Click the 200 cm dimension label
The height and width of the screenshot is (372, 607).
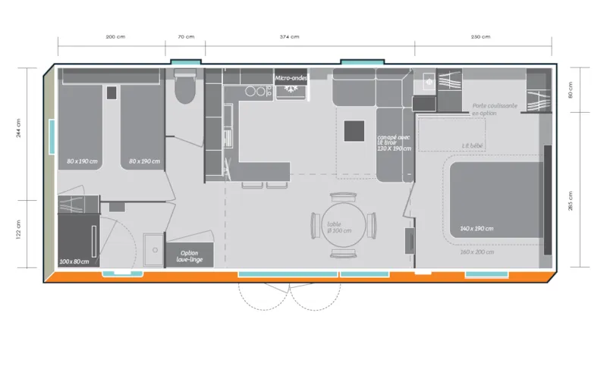[115, 37]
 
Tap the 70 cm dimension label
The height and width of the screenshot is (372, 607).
[186, 37]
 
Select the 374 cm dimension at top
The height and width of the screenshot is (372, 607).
[289, 37]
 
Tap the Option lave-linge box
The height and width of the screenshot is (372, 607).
[190, 256]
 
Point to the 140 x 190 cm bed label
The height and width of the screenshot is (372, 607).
[476, 228]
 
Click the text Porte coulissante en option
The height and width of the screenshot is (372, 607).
[495, 109]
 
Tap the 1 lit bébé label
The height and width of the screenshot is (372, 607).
[472, 145]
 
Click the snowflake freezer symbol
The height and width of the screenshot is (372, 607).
[289, 89]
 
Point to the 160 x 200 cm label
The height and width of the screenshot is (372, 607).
[476, 252]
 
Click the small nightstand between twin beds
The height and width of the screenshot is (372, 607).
[112, 92]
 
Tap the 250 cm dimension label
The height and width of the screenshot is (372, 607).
[480, 37]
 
